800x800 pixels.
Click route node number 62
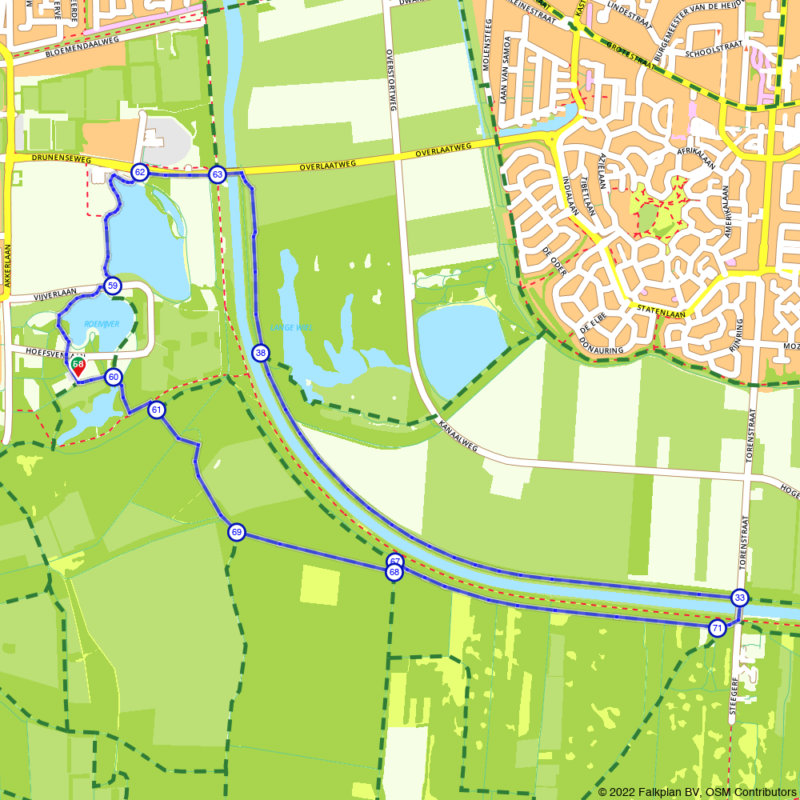coord(139,172)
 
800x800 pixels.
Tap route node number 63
coord(217,174)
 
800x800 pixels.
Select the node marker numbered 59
coord(112,286)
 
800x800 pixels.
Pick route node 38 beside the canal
coord(260,353)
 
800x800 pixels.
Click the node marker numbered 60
coord(114,377)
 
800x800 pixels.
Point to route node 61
coord(157,410)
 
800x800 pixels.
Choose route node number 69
coord(236,532)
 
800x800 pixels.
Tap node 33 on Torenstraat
coord(740,598)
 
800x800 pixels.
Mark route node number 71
coord(717,628)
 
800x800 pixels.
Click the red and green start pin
coord(78,367)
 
